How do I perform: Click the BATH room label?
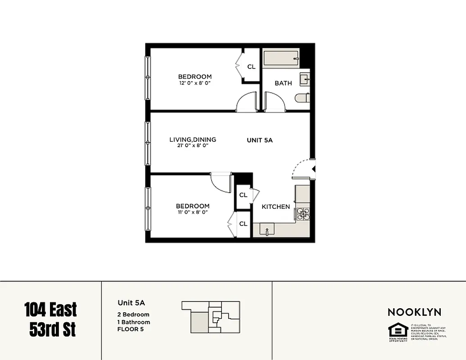pos(283,83)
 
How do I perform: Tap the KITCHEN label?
pos(276,207)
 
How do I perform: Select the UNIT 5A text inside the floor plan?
pos(260,140)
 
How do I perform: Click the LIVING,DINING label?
pos(193,139)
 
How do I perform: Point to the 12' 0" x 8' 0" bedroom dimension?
pos(195,83)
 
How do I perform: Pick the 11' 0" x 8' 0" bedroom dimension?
pos(192,212)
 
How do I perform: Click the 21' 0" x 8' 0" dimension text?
pos(193,146)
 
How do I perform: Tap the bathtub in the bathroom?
pos(281,58)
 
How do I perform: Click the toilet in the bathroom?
pos(302,98)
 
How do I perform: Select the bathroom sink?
pos(306,79)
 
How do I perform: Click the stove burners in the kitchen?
pos(303,213)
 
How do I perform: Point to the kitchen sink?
pos(267,231)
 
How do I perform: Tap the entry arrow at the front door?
pos(314,170)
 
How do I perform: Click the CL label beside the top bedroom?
pos(251,67)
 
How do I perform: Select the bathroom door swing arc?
pos(275,100)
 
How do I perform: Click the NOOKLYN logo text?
pos(414,312)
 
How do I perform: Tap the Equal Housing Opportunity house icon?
pos(398,330)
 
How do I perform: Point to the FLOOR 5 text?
pos(130,329)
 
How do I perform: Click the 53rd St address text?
pos(53,329)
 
